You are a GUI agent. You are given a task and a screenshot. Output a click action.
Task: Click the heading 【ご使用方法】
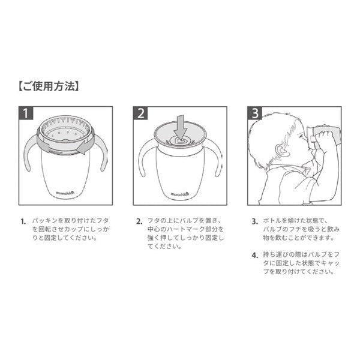coord(49,86)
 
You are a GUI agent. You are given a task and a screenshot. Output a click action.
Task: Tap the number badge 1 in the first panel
coord(26,113)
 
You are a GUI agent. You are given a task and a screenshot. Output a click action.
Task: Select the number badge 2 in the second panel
coord(140,113)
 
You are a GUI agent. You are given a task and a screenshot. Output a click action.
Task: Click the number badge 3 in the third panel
coord(254,113)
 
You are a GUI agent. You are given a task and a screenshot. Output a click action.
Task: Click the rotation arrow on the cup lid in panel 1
coord(84,147)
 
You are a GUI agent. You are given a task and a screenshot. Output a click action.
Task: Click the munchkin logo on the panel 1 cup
coord(65,193)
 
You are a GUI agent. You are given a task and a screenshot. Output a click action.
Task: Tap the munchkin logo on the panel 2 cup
coord(180,194)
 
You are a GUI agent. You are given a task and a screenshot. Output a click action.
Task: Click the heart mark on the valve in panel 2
coord(180,141)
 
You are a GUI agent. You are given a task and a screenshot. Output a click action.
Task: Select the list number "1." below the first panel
coord(23,221)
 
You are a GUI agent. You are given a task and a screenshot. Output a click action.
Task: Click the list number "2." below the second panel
coord(139,221)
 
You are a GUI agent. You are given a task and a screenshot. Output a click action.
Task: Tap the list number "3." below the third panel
coord(254,221)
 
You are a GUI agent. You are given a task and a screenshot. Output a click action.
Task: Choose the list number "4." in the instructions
coord(254,256)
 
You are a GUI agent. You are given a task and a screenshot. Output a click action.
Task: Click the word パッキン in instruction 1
coord(45,221)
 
